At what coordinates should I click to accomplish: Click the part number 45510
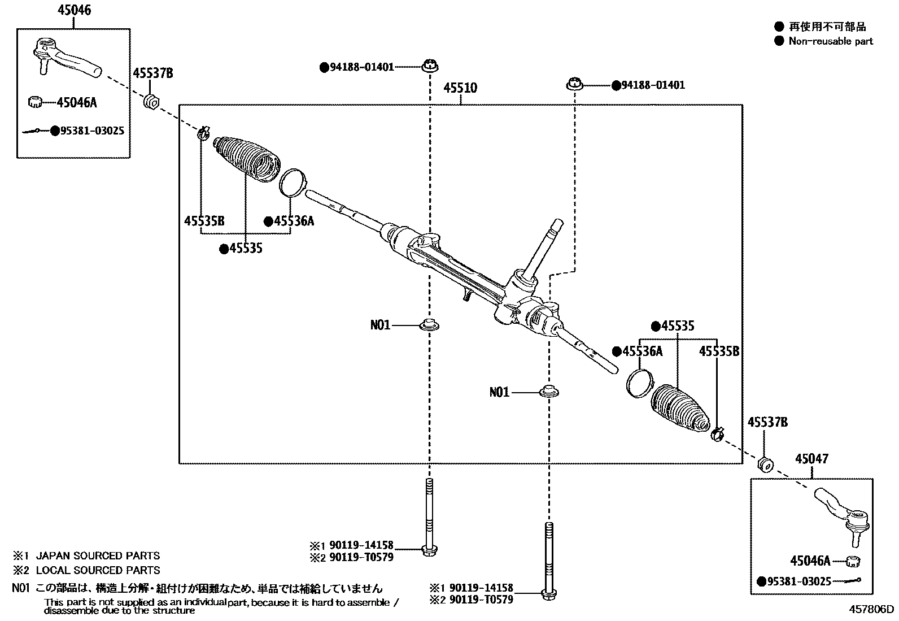460,88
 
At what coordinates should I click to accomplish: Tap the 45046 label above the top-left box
74,10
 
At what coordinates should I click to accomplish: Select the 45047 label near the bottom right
811,459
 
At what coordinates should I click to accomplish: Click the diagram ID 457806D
871,609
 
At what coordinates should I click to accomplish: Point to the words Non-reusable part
831,41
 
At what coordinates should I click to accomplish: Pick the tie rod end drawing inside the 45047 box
841,516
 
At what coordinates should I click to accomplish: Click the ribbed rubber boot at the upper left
246,160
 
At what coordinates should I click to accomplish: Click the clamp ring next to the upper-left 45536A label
293,183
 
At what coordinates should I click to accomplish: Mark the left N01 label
380,324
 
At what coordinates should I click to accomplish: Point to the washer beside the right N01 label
549,391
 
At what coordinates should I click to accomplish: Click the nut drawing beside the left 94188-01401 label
430,66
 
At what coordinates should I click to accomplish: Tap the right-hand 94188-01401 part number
653,85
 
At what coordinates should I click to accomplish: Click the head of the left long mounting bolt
429,550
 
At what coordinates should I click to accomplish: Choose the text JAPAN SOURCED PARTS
98,555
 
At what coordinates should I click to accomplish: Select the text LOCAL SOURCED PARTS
98,570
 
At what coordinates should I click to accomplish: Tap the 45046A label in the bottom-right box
810,561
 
